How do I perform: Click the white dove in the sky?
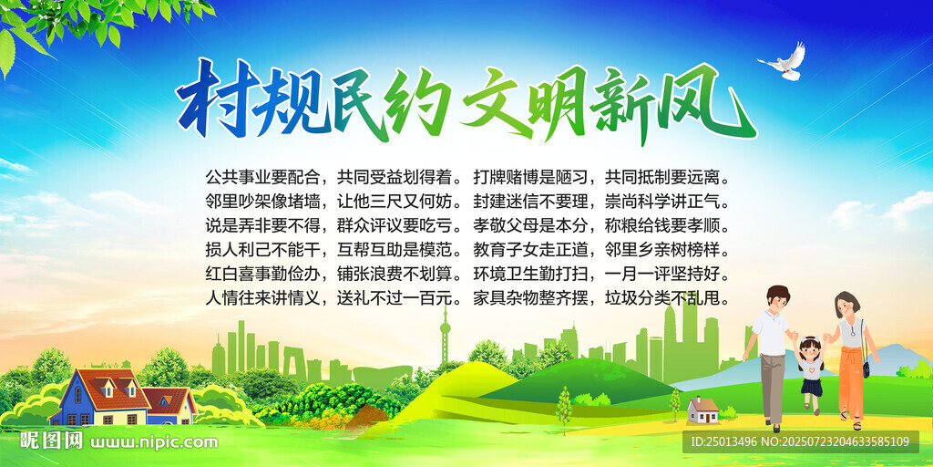click(785, 62)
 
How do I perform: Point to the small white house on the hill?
click(702, 410)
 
